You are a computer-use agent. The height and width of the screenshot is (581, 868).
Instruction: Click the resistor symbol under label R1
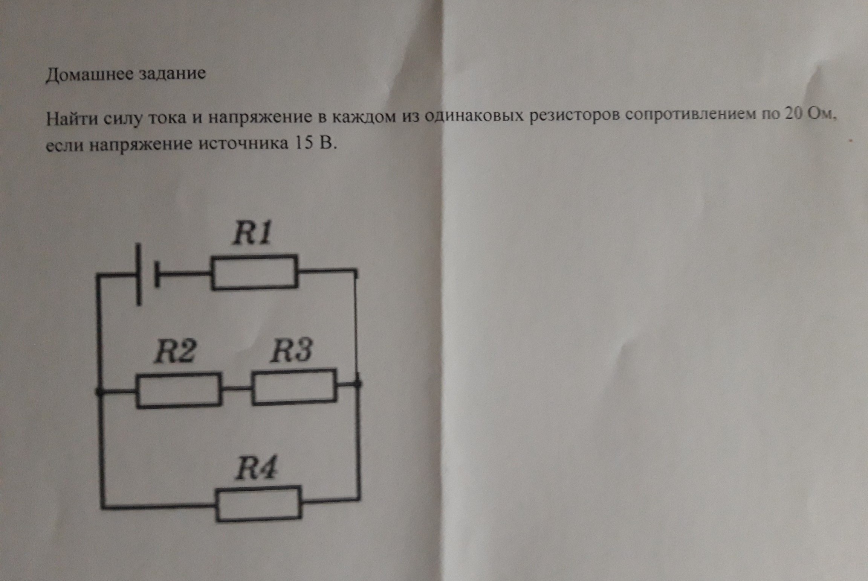coord(254,272)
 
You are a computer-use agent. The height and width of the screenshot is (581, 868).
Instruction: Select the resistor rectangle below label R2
coord(179,391)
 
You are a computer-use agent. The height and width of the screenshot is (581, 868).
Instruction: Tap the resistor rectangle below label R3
coord(294,387)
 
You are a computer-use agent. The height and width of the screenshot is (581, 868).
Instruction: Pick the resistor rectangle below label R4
coord(258,504)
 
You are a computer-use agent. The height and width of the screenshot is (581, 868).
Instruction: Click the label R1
coord(252,234)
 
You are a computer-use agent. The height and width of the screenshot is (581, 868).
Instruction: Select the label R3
coord(291,350)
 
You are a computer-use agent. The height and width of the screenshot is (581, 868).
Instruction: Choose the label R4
coord(256,468)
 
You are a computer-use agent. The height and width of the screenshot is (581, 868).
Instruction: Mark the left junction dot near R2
coord(99,392)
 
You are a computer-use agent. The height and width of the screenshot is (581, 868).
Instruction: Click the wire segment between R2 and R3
coord(237,389)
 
